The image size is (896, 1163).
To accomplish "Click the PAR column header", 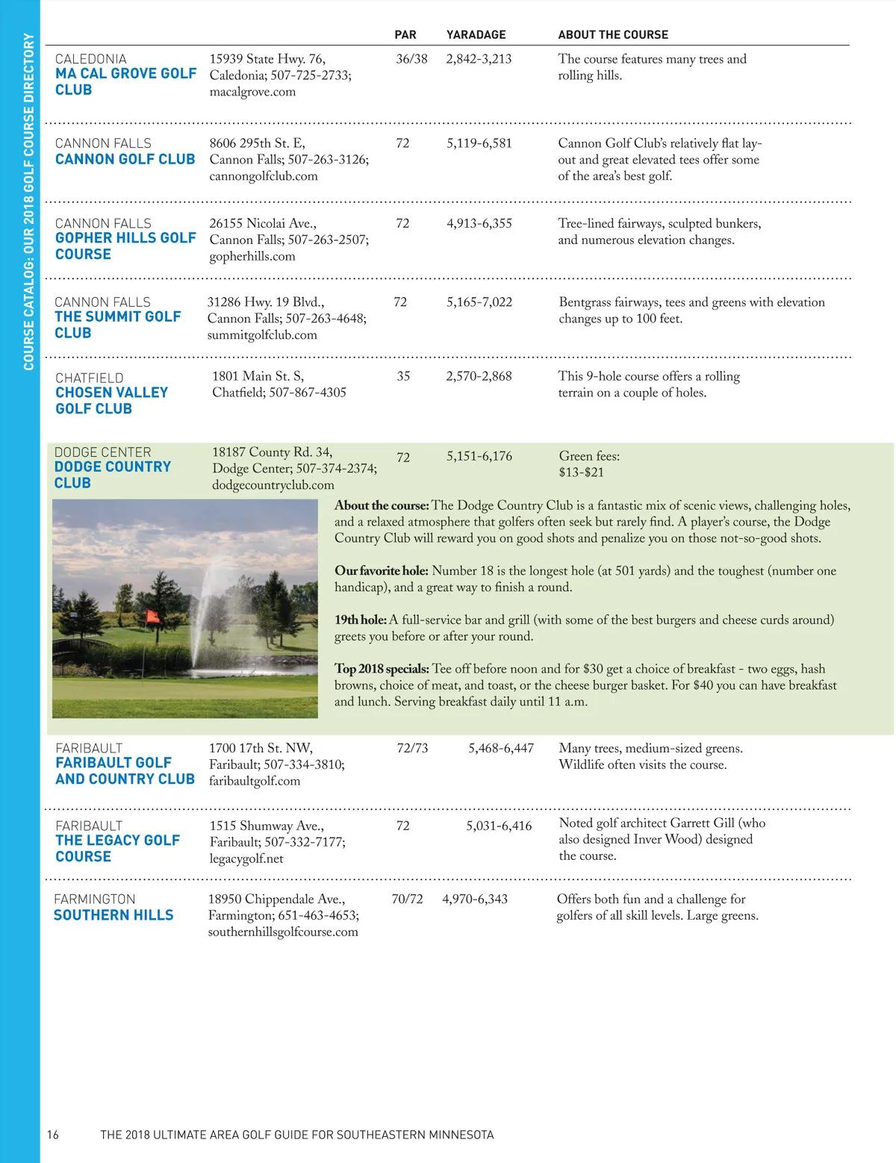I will coord(405,34).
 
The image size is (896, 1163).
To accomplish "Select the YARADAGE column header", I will coord(476,34).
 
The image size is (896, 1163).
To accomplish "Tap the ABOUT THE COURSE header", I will coord(613,34).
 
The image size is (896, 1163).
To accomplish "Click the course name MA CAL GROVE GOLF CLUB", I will coord(125,81).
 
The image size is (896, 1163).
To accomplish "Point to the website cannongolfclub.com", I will coord(264,176).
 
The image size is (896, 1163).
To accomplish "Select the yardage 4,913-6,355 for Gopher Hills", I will coord(479,223).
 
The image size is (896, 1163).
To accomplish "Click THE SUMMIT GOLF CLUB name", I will coord(118,325).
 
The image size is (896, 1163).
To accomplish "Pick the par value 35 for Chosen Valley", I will coord(403,376).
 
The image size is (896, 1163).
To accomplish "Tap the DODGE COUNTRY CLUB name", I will coord(112,475).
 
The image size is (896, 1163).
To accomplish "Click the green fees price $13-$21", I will coord(581,473).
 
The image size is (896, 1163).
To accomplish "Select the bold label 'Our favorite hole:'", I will coord(382,571).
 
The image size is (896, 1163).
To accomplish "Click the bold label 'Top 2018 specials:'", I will coord(382,669).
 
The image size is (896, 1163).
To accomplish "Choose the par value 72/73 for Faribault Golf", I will coord(413,748).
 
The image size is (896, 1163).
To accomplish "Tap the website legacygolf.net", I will coord(246,858).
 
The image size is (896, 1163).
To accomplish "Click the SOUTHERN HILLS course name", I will coord(113,915).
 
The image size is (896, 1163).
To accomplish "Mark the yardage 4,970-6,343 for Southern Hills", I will coord(475,899).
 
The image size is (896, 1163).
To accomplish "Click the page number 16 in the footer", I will coord(52,1135).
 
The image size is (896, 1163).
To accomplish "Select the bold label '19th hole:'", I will coord(361,620).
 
